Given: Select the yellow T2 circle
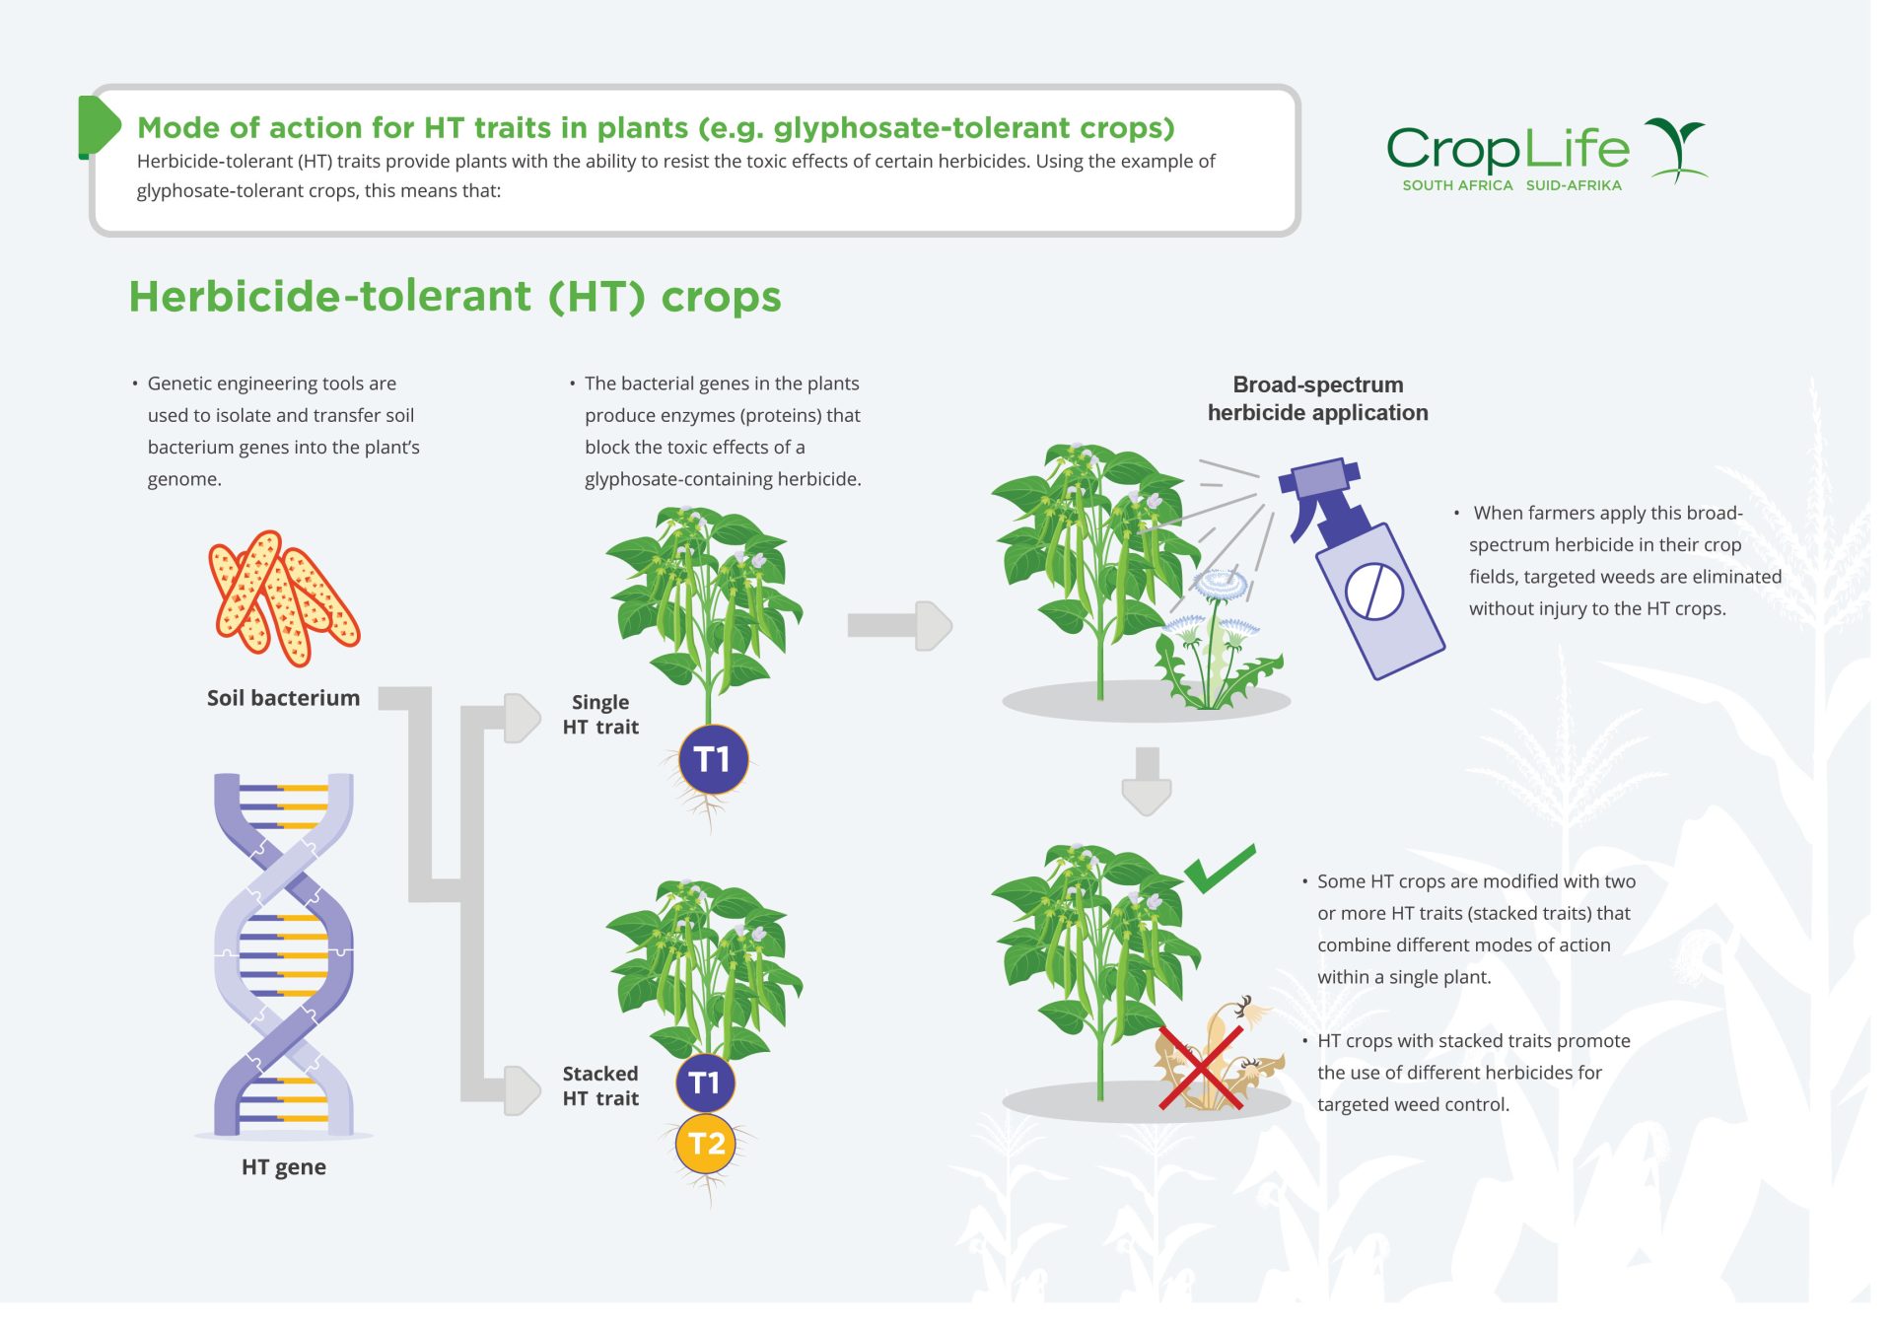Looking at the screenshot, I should click(706, 1144).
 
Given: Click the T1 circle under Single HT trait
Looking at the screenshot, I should click(713, 759).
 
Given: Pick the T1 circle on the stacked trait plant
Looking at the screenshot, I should click(705, 1083).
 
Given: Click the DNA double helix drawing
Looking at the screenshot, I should click(284, 954).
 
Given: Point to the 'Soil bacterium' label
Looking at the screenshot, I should click(283, 698).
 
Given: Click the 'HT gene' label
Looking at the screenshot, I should click(283, 1167).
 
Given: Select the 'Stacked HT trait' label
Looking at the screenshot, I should click(600, 1085).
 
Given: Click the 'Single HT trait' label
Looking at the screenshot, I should click(600, 715).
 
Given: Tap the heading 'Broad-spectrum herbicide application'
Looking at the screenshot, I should click(1317, 398).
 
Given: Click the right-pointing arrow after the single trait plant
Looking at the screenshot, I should click(899, 625).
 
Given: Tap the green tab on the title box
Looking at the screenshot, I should click(97, 126).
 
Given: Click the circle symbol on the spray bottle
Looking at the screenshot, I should click(1373, 592).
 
